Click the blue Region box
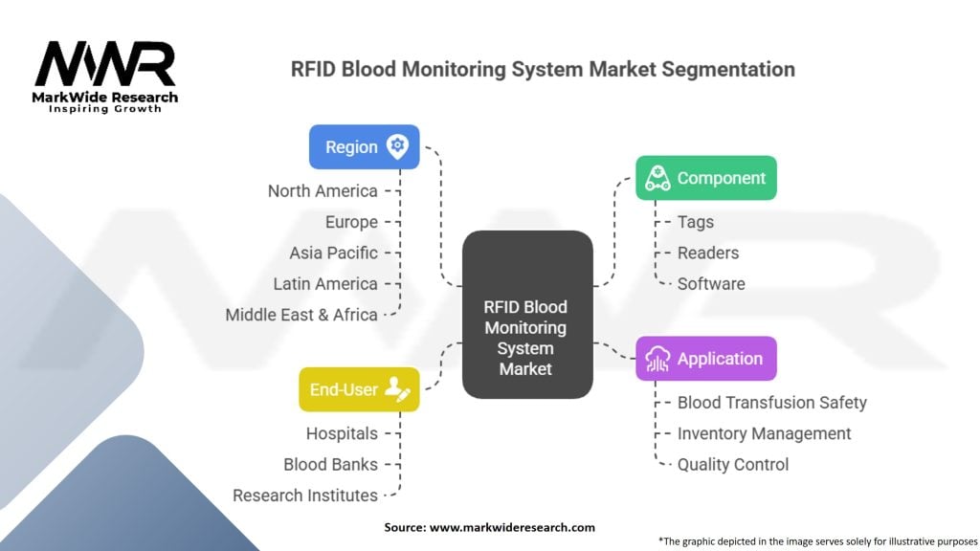364,147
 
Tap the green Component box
706,178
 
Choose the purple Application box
706,359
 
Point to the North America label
323,191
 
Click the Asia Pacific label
333,253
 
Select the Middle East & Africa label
301,315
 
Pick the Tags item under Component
696,222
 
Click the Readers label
708,253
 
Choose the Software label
711,284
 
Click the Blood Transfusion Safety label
771,403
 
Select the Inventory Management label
764,433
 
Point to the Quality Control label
733,465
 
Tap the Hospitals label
342,433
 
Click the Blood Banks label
330,465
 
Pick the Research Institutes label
305,496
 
